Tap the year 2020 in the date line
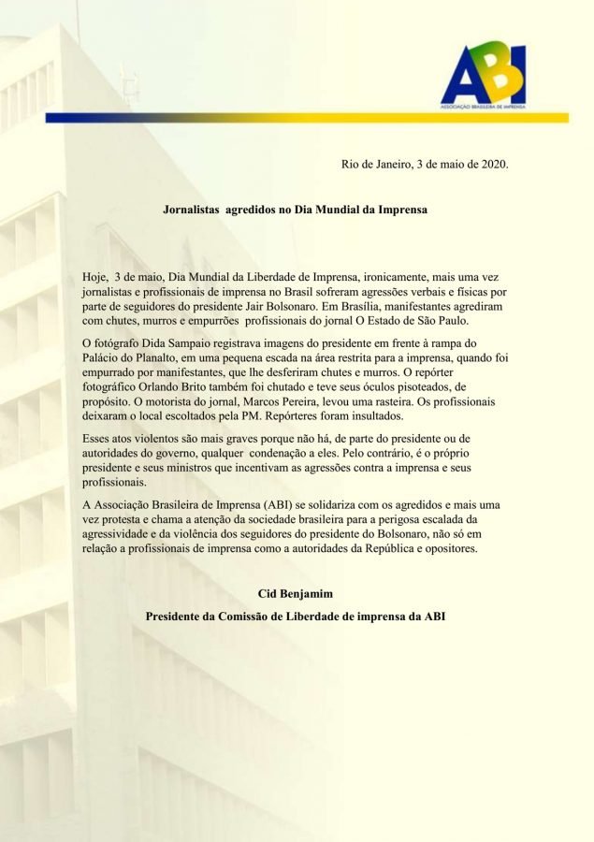point(491,165)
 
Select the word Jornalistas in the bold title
point(195,210)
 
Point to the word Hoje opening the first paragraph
point(96,278)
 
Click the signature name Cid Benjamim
point(297,594)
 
